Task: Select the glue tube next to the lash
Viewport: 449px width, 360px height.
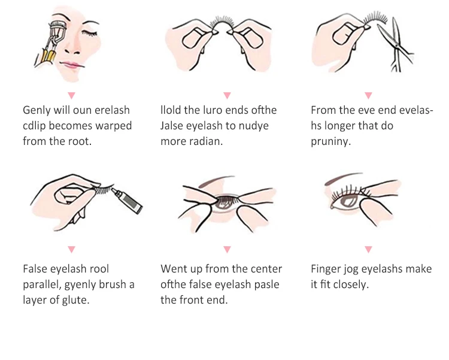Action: pos(127,200)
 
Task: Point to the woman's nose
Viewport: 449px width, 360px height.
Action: pos(72,49)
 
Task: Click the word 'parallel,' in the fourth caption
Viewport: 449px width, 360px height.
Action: pos(42,285)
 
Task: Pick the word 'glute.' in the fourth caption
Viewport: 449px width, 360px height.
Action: pos(75,300)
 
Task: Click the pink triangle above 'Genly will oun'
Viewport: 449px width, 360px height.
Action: pos(72,95)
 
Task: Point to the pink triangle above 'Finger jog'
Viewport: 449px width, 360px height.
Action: pos(369,249)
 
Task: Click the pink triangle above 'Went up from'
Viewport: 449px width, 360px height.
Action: pos(227,249)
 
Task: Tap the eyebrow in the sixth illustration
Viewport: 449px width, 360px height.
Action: pos(342,178)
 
